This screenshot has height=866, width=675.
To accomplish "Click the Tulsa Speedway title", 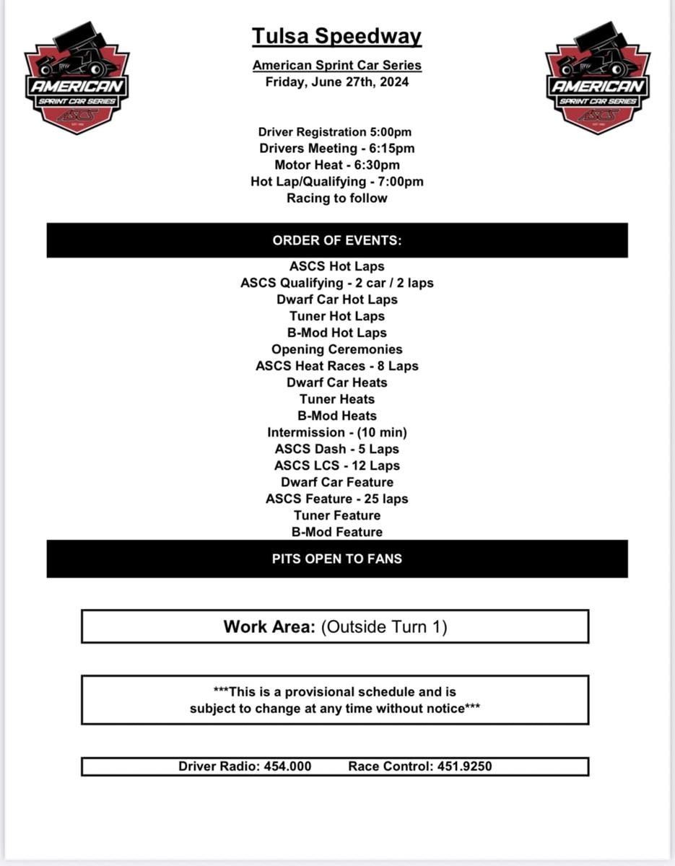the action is (337, 36).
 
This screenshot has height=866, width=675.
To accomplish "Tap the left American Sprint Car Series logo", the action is (77, 78).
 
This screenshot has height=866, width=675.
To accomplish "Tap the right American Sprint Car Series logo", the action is (598, 78).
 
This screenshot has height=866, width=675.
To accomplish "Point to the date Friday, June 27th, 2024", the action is (337, 82).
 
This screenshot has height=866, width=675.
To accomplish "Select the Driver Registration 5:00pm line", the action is (335, 132).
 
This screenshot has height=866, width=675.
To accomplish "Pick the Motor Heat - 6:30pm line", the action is (337, 165).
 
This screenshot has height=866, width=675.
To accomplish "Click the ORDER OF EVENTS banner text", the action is (337, 241).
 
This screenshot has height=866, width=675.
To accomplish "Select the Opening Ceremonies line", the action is (337, 349).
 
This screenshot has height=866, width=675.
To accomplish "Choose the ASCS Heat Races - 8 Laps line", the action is (337, 366).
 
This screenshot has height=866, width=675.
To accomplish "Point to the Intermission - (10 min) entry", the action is (337, 432).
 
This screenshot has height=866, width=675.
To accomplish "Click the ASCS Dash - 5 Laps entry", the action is (337, 449).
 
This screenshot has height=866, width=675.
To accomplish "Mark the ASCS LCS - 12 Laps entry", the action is (337, 465).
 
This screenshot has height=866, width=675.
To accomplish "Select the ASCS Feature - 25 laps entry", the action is (337, 499).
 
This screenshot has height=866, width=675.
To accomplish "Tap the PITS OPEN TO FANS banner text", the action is (337, 559).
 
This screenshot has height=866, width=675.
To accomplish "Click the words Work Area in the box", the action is (269, 627).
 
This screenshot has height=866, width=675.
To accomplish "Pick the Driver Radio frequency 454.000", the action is (287, 766).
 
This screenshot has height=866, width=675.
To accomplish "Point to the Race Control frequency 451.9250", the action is (464, 766).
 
